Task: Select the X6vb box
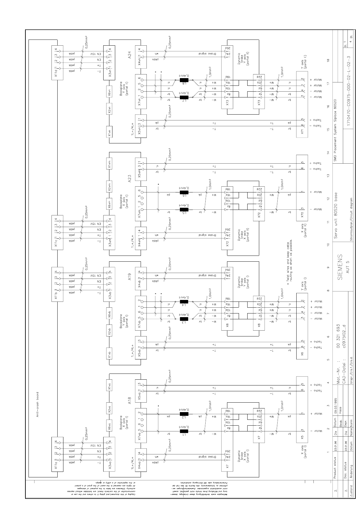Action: [110, 316]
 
